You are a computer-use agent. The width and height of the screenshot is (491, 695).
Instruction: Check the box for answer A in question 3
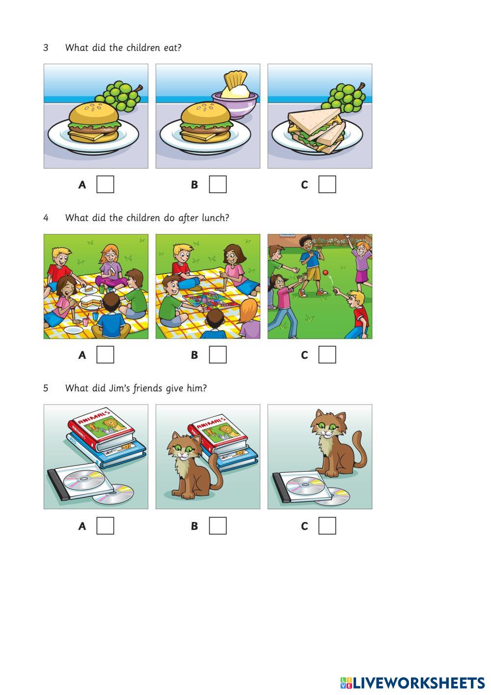[105, 184]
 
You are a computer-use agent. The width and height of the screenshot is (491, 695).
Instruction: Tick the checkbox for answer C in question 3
[327, 184]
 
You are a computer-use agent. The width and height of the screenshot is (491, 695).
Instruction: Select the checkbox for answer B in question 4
[218, 354]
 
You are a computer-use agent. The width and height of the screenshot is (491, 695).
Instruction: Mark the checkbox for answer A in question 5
[105, 525]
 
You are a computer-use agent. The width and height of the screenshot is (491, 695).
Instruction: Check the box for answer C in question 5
[327, 525]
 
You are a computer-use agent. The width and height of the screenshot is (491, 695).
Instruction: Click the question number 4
[46, 218]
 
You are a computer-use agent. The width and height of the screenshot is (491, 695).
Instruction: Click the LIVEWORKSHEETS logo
[412, 682]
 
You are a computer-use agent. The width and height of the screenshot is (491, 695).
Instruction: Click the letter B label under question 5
[194, 526]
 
